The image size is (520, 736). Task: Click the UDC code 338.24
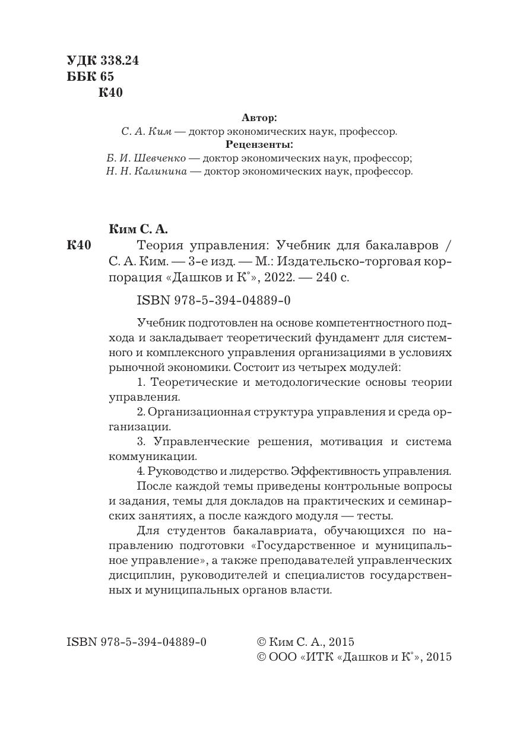coord(119,61)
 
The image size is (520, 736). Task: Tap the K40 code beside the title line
coord(79,245)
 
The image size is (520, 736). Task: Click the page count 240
coord(328,277)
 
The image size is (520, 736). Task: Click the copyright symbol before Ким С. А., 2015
coord(261,642)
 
